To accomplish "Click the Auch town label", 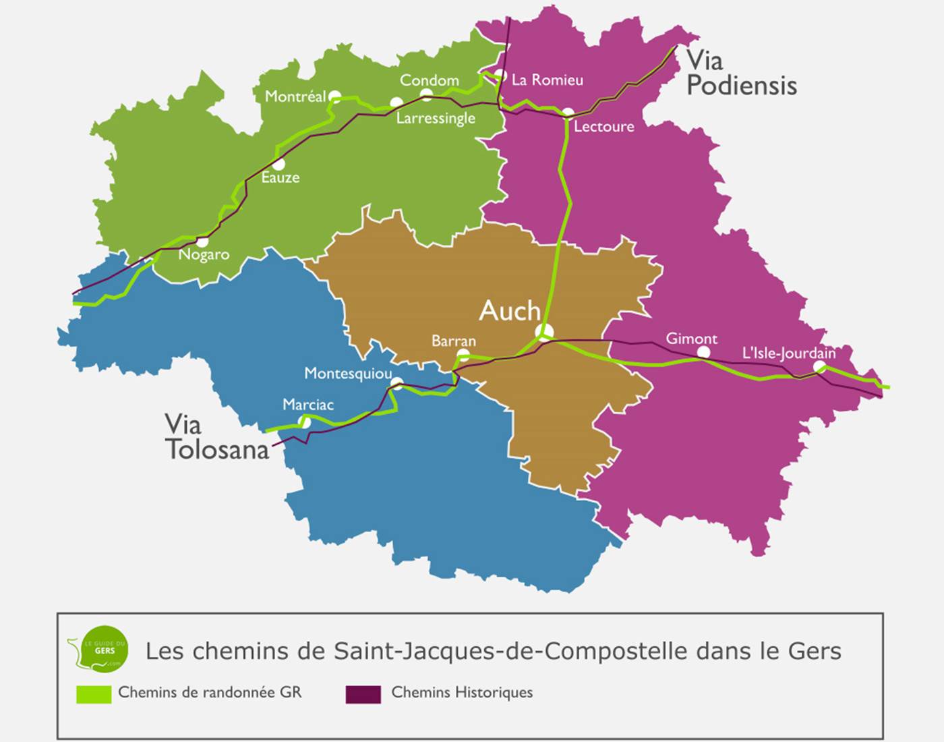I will [510, 311].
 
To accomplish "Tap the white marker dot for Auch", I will [545, 332].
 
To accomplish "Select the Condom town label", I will [429, 80].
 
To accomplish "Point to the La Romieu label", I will [547, 80].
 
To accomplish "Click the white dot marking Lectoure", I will [568, 113].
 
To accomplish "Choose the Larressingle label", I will [436, 118].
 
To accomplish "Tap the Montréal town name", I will [295, 96].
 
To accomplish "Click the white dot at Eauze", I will [278, 164].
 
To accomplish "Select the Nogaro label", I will [204, 254].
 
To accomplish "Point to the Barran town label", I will [453, 341].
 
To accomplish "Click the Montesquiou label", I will [348, 373].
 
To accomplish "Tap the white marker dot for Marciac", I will [305, 422].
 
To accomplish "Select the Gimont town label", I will [691, 339].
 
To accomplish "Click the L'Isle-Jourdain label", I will [788, 353].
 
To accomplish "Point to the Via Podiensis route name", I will [740, 74].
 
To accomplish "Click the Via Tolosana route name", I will [216, 437].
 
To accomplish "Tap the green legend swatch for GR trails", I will [94, 694].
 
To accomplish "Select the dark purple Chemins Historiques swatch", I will [363, 694].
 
